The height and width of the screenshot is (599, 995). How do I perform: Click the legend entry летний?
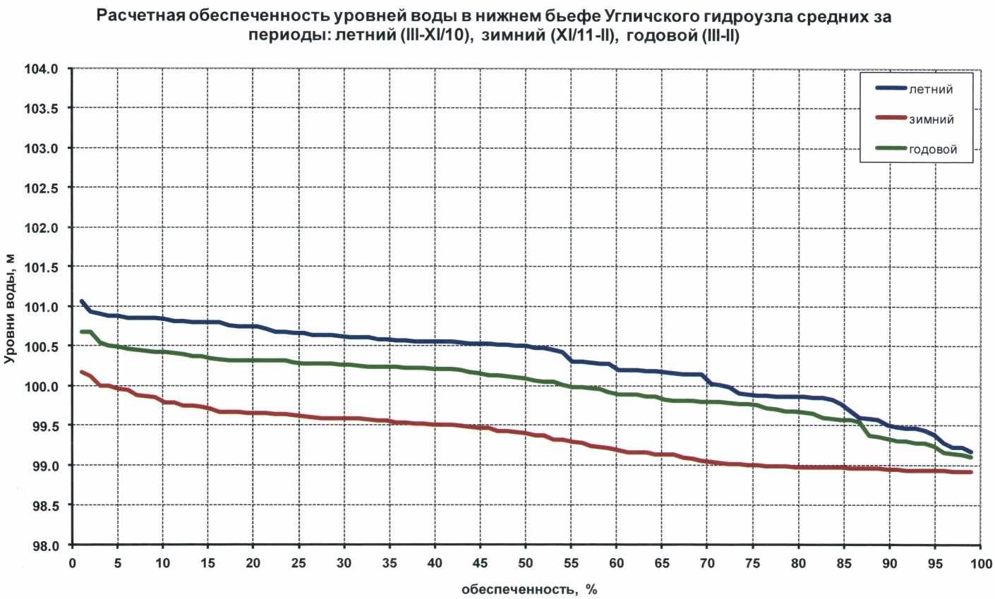click(931, 90)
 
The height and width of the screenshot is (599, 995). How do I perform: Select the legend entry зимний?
click(931, 119)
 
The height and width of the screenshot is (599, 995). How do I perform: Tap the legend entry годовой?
click(933, 150)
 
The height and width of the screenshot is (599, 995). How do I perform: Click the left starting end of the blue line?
click(82, 301)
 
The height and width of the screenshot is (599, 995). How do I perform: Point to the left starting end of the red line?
click(82, 372)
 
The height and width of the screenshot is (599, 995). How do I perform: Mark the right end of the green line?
click(971, 457)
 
